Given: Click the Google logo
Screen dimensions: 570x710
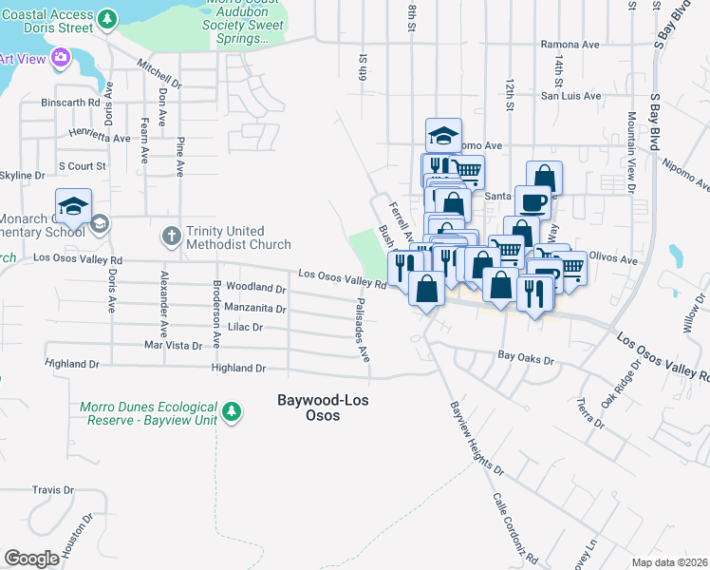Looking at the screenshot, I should coord(31,559).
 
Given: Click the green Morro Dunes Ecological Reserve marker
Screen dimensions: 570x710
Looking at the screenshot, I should coord(231,411).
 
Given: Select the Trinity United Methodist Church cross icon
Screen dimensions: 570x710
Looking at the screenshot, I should coord(171,234).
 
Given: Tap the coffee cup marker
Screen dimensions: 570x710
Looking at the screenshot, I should coord(532,201).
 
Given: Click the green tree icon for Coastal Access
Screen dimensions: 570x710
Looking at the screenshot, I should coord(109,19).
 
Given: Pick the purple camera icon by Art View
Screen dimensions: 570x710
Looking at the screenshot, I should coord(62,59).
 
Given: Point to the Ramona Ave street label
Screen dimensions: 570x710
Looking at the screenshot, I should coord(570,45).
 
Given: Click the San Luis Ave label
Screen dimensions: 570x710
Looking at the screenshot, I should coord(570,96).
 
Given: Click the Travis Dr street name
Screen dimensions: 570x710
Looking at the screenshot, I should coord(52,490).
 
